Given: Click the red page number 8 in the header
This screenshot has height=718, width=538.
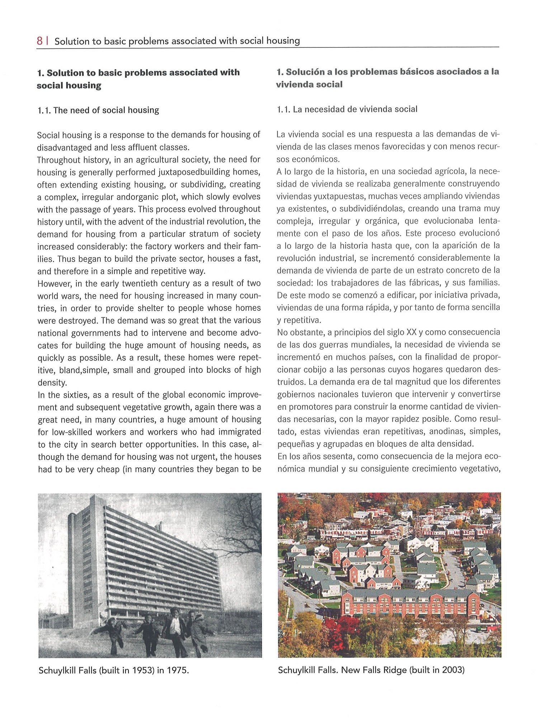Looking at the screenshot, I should click(39, 41).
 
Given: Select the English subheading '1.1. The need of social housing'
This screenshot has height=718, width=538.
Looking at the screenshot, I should click(98, 110).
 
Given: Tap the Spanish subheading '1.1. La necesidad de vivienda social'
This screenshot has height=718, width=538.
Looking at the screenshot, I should click(347, 109).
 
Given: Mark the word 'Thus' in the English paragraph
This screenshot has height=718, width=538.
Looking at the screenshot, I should click(66, 259).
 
